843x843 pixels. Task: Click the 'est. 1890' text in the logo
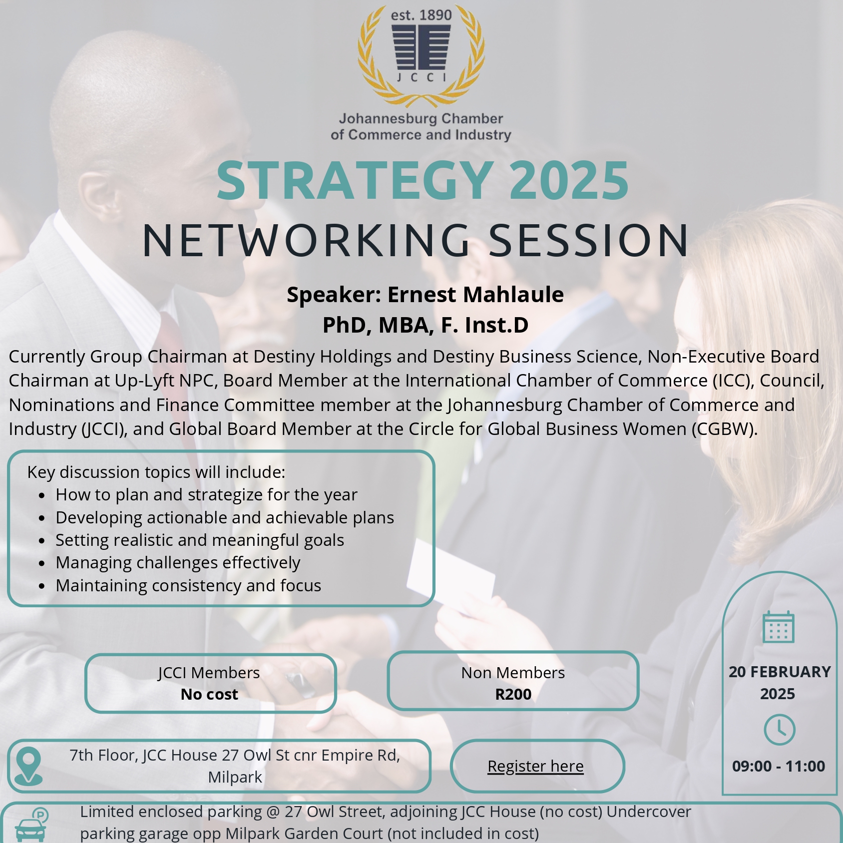[x=421, y=15]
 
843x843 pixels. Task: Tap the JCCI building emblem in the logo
[x=421, y=47]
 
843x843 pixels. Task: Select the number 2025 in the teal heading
[x=569, y=181]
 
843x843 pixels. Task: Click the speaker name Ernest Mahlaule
[x=475, y=295]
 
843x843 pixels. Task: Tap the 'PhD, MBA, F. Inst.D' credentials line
[x=425, y=325]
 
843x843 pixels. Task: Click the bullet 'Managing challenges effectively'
[x=178, y=563]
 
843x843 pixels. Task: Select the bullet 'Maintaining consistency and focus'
[x=188, y=585]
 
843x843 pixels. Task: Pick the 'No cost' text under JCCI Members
[x=209, y=694]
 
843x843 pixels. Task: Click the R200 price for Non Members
[x=513, y=694]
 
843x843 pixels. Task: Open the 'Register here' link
[x=535, y=766]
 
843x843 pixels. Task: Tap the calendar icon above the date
[x=778, y=627]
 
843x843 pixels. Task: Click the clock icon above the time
[x=779, y=730]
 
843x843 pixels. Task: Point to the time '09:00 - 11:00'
[x=778, y=766]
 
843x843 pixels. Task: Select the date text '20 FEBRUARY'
[x=779, y=672]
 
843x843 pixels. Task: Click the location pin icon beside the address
[x=28, y=766]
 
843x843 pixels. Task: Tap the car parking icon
[x=31, y=825]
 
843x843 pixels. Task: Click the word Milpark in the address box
[x=235, y=778]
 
